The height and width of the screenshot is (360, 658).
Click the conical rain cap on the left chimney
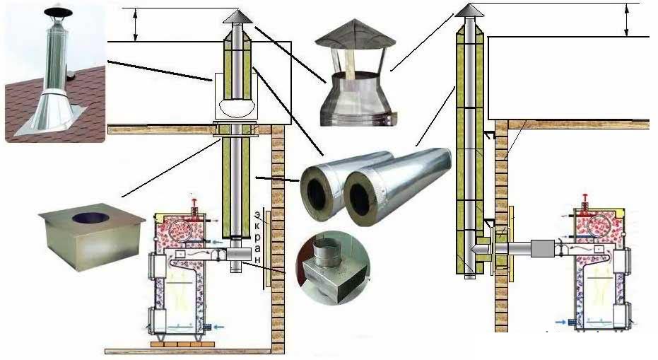pyautogui.click(x=237, y=17)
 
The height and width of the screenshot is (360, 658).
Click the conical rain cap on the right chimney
pyautogui.click(x=469, y=11)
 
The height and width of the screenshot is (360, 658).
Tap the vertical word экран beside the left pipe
pyautogui.click(x=257, y=238)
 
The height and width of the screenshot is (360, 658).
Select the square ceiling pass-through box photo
pyautogui.click(x=92, y=237)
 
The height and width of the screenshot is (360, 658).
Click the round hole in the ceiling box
pyautogui.click(x=90, y=218)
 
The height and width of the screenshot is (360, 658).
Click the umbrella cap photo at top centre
pyautogui.click(x=356, y=72)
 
